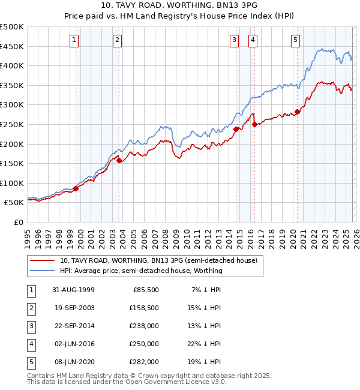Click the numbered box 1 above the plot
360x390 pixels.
74,40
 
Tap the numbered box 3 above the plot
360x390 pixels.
234,40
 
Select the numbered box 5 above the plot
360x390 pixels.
296,40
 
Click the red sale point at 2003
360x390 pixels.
119,160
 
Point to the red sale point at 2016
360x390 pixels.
254,125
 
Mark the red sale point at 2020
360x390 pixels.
297,112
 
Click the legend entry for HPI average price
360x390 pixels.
141,271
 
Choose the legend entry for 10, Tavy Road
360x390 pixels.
158,260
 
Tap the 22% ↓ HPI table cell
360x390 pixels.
206,344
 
